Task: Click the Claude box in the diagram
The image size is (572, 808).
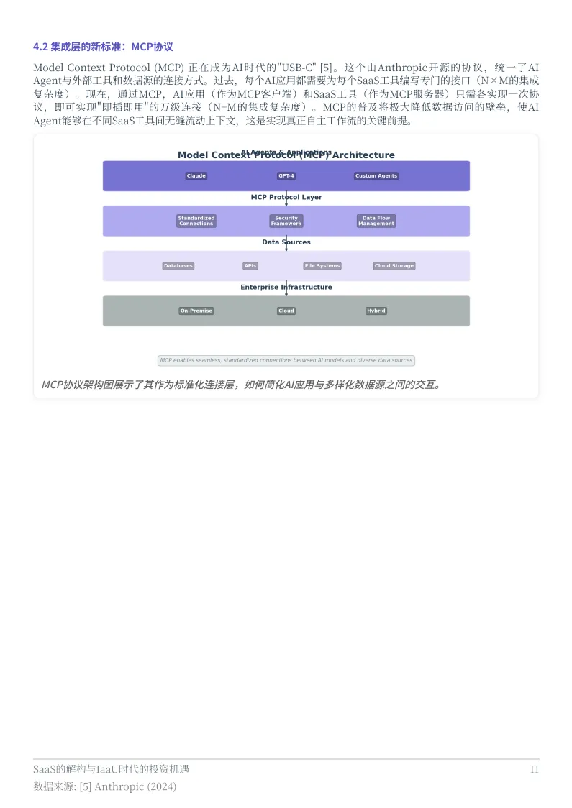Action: [x=196, y=176]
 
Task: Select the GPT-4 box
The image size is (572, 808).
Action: [x=286, y=176]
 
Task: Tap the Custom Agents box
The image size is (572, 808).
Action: [x=376, y=176]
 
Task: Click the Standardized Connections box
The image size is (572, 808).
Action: [x=196, y=221]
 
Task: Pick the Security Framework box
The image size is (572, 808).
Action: [x=286, y=221]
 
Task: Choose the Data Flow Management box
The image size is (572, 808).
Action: [x=376, y=221]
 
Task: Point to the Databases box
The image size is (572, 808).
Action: [x=178, y=266]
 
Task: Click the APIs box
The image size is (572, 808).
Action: [x=250, y=266]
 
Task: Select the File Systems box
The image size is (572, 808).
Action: [x=322, y=266]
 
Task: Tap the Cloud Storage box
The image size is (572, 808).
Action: [x=394, y=266]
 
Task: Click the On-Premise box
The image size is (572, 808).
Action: [x=196, y=311]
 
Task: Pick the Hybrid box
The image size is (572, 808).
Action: [x=376, y=311]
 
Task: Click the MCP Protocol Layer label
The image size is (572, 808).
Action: [x=286, y=197]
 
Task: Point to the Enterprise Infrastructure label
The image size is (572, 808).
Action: [x=286, y=287]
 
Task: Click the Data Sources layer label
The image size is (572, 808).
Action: [x=286, y=242]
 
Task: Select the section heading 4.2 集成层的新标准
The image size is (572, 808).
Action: [x=103, y=47]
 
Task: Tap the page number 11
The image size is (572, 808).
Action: [x=534, y=769]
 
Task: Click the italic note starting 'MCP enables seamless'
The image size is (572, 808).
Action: [x=286, y=361]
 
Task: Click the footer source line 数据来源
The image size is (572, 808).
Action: [x=104, y=786]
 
